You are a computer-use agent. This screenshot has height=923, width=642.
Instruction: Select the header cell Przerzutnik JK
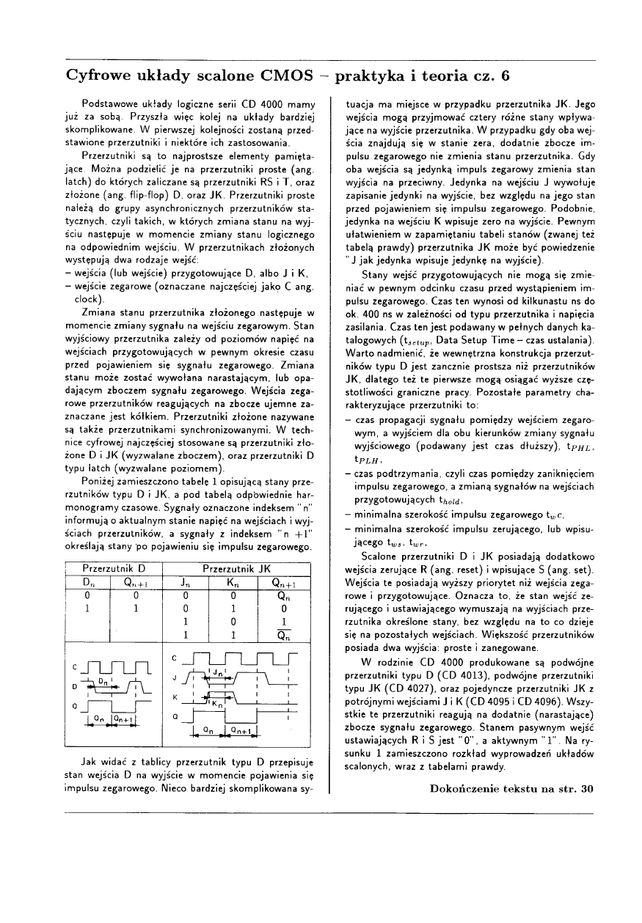pos(237,568)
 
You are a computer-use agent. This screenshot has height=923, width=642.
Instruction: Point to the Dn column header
pos(87,583)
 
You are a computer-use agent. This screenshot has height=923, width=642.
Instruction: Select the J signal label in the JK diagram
pos(175,677)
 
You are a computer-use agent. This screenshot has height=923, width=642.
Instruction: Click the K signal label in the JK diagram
pos(175,696)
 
